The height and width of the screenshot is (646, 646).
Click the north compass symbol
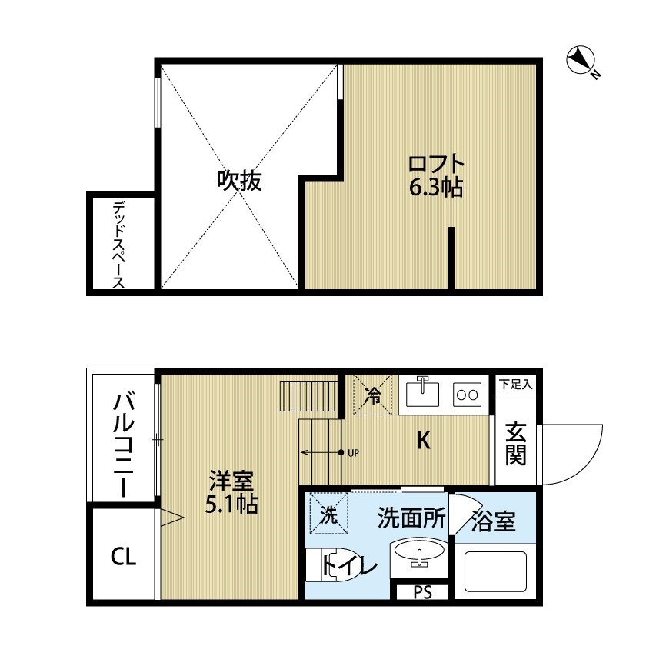point(581,60)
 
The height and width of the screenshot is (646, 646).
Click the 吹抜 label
point(239,181)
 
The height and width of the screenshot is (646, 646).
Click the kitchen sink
point(421,394)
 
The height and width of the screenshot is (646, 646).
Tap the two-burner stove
point(468,395)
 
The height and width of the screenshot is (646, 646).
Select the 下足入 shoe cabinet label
point(514,383)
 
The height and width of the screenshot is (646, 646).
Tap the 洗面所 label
point(411,518)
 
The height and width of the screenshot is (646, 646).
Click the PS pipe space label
point(422,592)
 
